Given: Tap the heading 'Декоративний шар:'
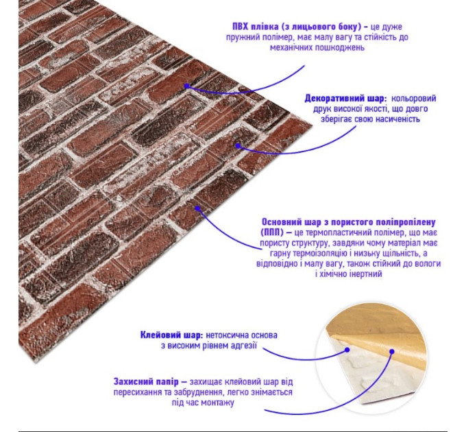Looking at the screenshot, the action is [x=345, y=99].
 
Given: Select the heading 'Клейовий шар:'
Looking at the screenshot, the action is [x=172, y=335].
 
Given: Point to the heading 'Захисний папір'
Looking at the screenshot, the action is [x=146, y=382].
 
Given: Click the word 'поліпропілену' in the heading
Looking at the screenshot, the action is [x=406, y=222].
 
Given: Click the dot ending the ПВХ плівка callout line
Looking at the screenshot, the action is [x=186, y=86].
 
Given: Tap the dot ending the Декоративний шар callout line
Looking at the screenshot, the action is [x=238, y=145].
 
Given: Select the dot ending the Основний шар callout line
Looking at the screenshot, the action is [x=197, y=208].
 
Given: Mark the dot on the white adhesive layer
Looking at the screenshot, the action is [x=347, y=350].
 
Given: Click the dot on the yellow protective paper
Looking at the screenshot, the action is [x=392, y=352].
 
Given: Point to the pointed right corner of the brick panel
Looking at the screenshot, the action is [x=312, y=124].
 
